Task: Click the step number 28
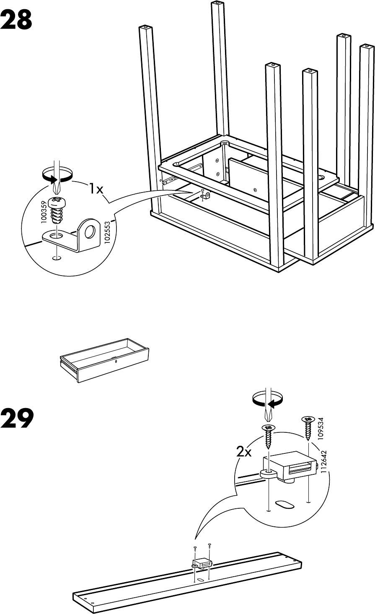click(16, 20)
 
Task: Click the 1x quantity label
click(96, 189)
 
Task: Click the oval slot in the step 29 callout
click(285, 503)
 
